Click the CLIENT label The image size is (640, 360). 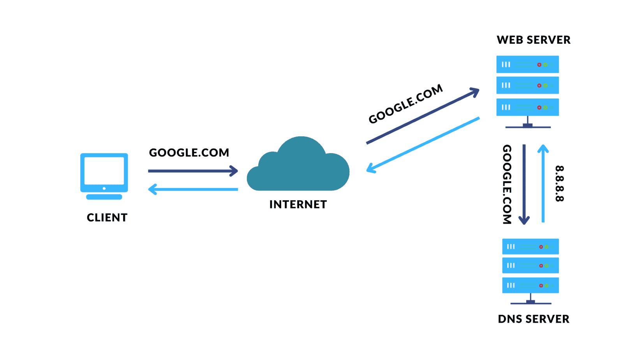tap(107, 218)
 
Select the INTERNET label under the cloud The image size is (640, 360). tap(298, 205)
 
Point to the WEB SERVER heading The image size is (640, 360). tap(533, 40)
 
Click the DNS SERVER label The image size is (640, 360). tap(533, 319)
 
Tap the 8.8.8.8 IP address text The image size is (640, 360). tap(559, 184)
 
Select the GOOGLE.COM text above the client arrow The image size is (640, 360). tap(189, 153)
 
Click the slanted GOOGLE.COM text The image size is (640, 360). tap(406, 104)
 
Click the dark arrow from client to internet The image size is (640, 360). tap(193, 171)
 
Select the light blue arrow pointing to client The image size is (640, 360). tap(193, 189)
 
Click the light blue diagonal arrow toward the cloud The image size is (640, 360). tap(423, 145)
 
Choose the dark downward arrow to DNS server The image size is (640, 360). tap(524, 184)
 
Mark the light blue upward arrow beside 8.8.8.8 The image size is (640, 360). tap(543, 184)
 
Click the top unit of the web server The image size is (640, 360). tap(527, 64)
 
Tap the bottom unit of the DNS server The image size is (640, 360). tap(530, 285)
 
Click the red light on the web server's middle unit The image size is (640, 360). tap(539, 85)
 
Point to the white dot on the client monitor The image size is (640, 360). tap(104, 189)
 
